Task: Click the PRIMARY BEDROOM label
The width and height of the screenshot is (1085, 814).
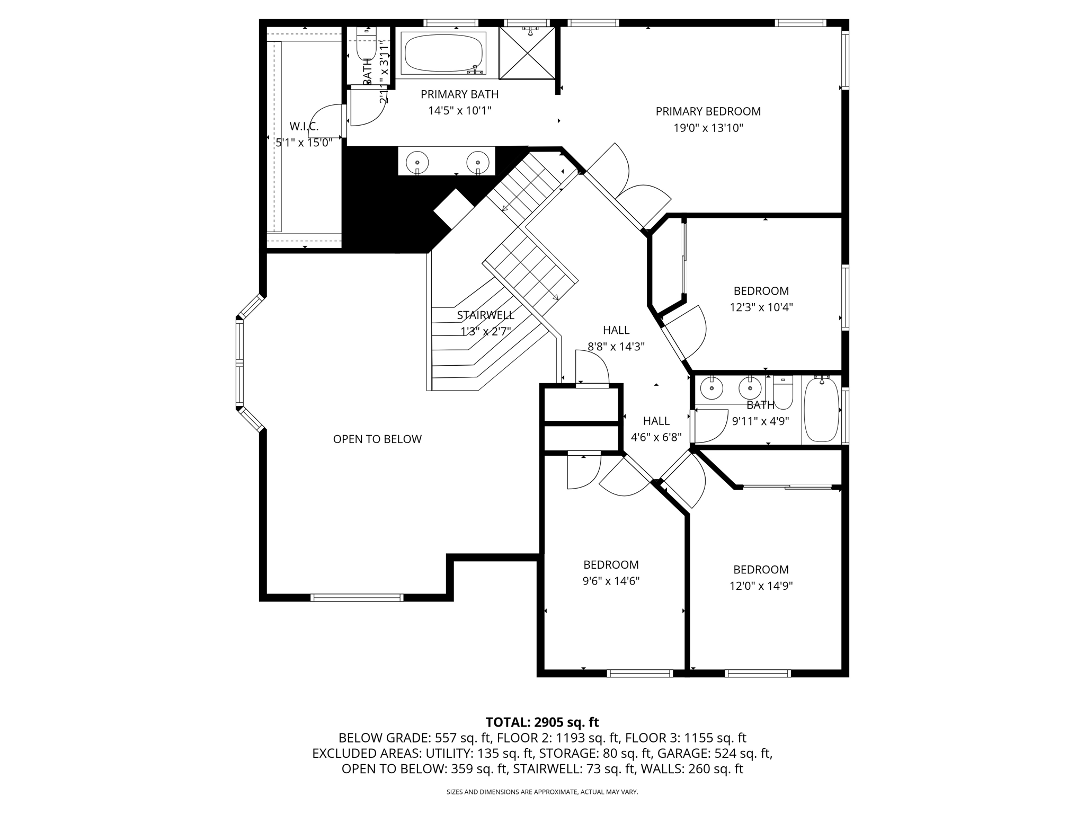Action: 708,111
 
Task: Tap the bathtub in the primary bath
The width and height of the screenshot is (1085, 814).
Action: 443,54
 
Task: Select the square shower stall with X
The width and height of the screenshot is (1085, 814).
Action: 527,52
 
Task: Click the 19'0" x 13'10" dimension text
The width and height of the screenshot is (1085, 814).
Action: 708,128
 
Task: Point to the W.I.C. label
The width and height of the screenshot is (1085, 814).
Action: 304,126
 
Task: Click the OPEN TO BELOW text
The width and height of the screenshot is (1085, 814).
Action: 377,439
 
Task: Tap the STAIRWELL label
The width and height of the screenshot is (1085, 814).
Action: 485,315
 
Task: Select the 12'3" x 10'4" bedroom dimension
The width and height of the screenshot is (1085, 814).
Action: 761,307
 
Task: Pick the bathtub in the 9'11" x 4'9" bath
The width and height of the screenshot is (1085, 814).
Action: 821,409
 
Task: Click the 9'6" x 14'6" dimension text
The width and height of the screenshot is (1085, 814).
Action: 611,581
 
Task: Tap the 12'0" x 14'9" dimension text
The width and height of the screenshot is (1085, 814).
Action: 761,586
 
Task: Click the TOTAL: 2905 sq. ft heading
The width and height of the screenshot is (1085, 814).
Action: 542,722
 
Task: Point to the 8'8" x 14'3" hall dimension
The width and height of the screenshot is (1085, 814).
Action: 616,347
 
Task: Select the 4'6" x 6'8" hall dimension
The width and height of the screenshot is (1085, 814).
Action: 656,438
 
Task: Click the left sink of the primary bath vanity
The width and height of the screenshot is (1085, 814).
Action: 417,161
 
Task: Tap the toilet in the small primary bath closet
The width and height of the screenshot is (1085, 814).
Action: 366,48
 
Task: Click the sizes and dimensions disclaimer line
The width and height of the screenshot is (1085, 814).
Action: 542,792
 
